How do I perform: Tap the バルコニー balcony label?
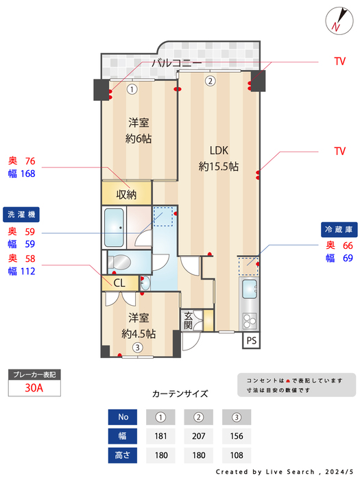tap(176, 63)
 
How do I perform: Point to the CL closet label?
tap(119, 283)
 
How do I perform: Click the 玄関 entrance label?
tap(189, 320)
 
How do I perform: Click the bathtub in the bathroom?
tap(115, 226)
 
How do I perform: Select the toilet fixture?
tap(121, 262)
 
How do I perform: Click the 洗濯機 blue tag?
tap(22, 213)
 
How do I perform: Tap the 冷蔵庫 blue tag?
tap(338, 229)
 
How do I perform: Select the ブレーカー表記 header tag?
tap(34, 374)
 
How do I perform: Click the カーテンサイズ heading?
tap(180, 394)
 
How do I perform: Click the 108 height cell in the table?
tap(237, 455)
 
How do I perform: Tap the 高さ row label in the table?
tap(123, 455)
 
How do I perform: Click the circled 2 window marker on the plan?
tap(211, 80)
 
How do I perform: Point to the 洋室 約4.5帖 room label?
tap(139, 326)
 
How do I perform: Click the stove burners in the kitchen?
tap(248, 320)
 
